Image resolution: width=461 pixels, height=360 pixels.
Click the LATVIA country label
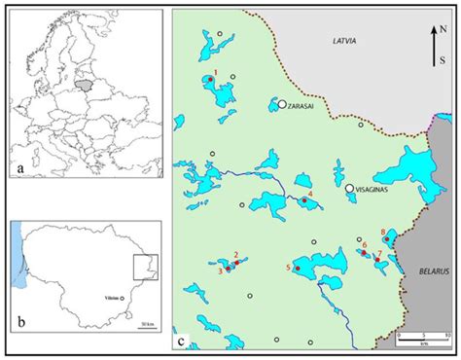click(344, 42)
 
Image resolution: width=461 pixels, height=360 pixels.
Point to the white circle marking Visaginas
click(348, 189)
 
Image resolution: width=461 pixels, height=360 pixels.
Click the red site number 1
click(216, 72)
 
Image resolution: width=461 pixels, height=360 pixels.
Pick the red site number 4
click(310, 194)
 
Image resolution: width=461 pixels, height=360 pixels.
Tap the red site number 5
click(288, 267)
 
